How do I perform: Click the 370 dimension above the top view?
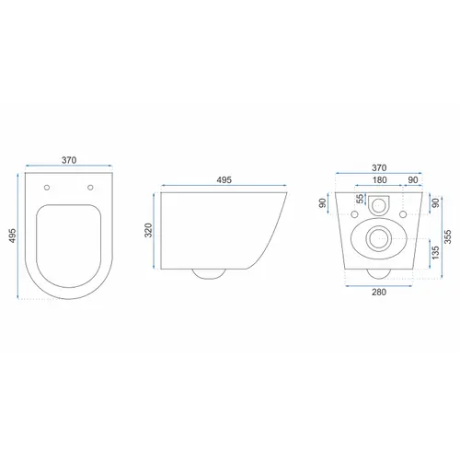[69, 160]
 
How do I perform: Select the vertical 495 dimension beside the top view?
[12, 236]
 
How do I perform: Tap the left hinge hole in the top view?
[47, 188]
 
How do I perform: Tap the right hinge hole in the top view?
[90, 188]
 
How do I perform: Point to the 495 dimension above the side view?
[224, 180]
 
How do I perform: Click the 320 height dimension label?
[148, 230]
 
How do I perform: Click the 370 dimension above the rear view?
[379, 168]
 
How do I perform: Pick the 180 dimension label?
[380, 180]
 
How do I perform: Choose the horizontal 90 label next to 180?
[413, 180]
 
